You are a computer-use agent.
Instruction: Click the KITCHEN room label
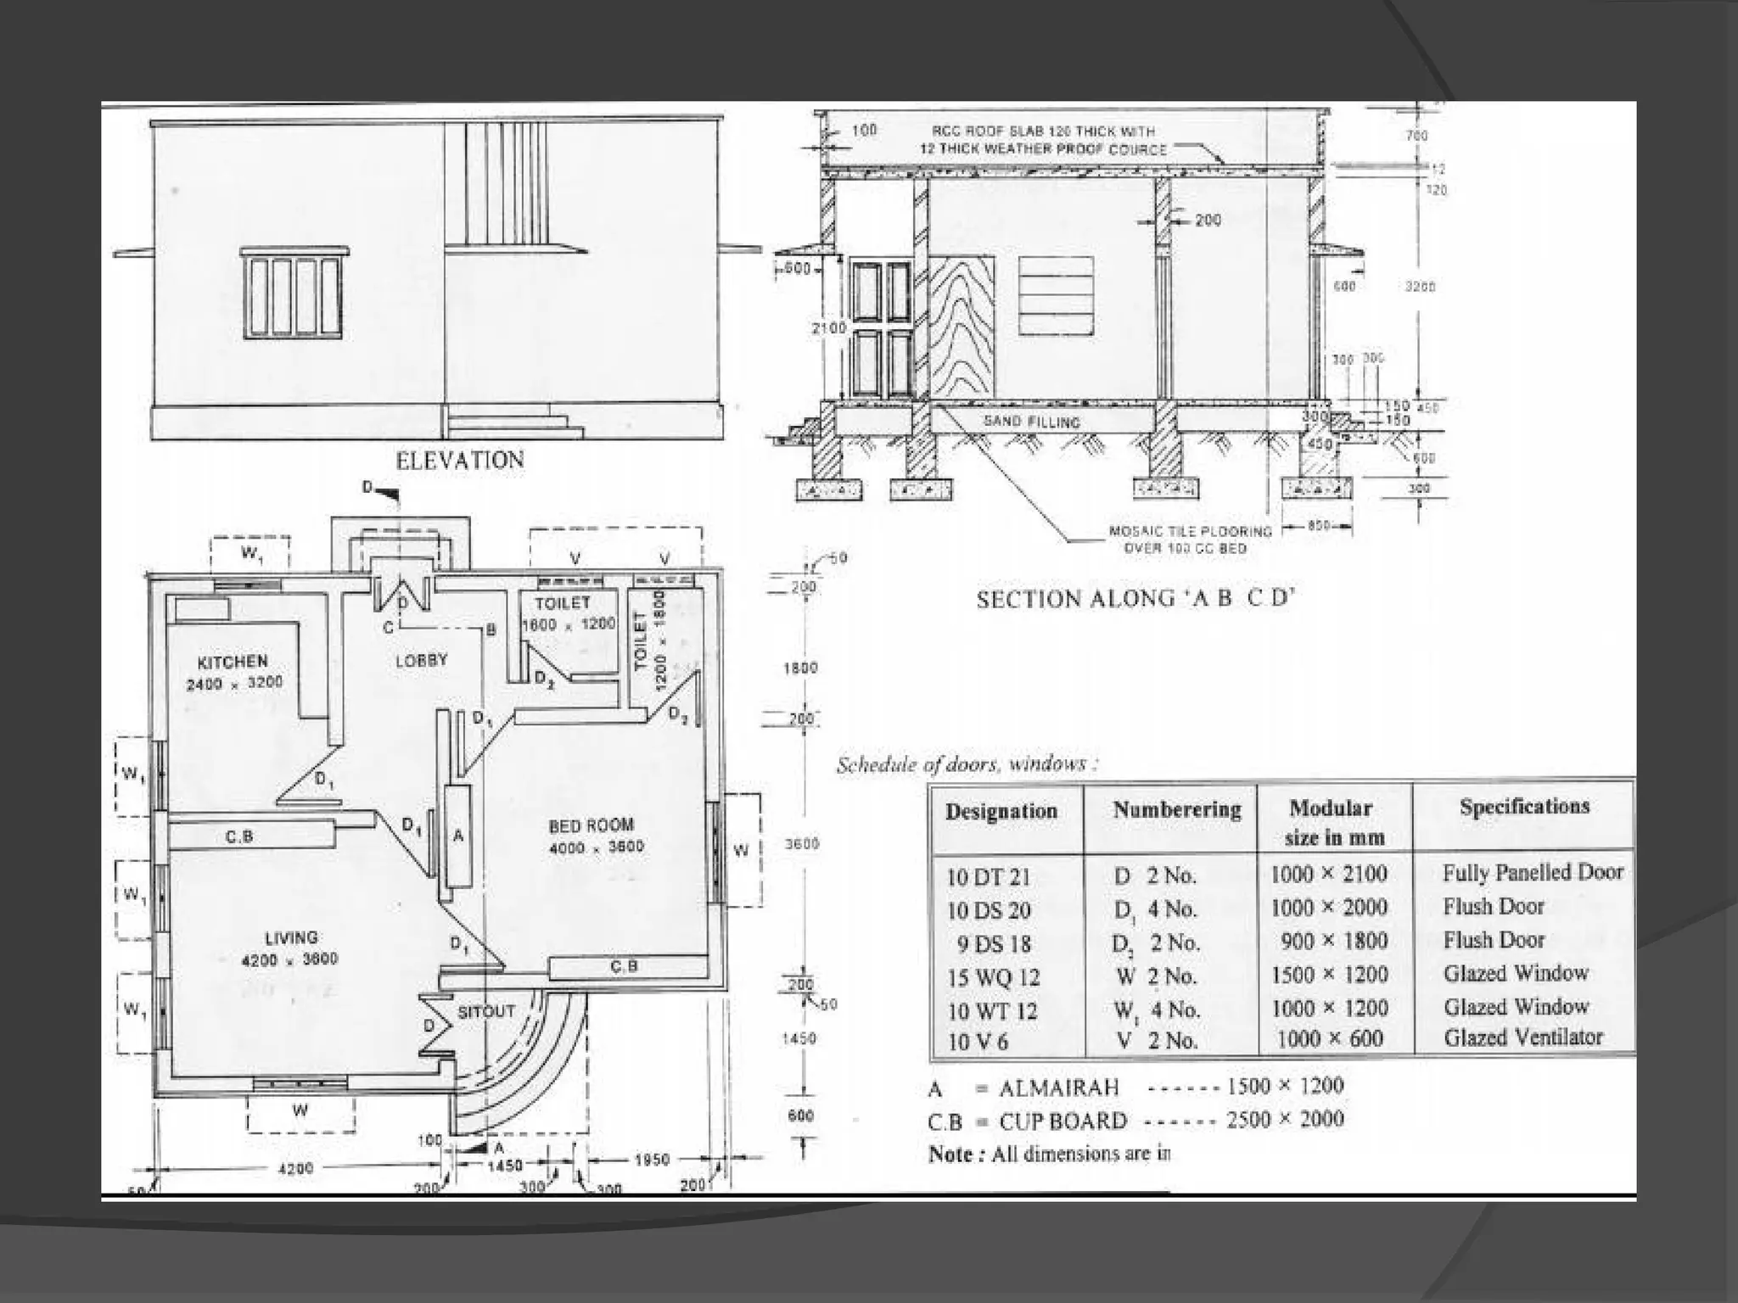point(233,662)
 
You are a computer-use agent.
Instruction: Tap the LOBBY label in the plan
point(421,660)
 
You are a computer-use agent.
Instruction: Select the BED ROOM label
point(591,825)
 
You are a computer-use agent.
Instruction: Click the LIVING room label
point(291,937)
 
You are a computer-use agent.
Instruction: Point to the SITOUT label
point(486,1011)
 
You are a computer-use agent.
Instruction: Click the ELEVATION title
point(460,461)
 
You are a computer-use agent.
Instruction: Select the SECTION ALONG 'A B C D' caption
point(1135,600)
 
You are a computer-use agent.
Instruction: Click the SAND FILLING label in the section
point(1031,422)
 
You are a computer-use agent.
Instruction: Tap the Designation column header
point(1001,811)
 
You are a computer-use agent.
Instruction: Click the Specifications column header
point(1524,806)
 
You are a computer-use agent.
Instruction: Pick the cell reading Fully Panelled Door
point(1532,872)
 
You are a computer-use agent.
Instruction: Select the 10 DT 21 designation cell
point(989,877)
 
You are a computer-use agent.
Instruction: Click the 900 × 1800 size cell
point(1334,941)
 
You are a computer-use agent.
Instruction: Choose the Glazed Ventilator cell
point(1522,1037)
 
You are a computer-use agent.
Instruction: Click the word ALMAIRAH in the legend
point(1059,1088)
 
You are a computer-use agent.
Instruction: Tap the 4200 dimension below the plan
point(295,1168)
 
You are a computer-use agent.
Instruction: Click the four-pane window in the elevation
point(294,294)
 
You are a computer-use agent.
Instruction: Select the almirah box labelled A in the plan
point(458,836)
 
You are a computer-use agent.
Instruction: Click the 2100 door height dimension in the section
point(828,328)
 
